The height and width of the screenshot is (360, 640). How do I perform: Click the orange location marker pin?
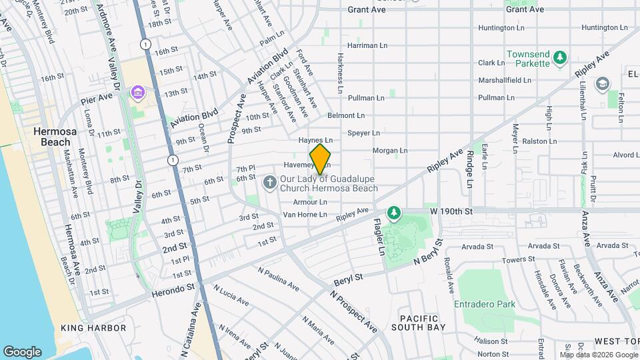(x=321, y=159)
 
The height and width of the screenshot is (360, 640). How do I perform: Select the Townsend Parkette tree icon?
(x=561, y=59)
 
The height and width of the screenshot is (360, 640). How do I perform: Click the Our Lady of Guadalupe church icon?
(x=269, y=181)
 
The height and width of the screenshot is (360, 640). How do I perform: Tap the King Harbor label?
(x=93, y=328)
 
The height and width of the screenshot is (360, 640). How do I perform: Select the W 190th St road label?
(x=451, y=211)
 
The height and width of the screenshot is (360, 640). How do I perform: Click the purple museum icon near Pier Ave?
(x=138, y=91)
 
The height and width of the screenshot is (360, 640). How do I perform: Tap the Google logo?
(x=22, y=351)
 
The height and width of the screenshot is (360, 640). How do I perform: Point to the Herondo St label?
(x=174, y=285)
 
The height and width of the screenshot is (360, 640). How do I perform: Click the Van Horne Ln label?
(x=305, y=215)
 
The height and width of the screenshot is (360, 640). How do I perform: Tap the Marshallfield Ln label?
(x=505, y=80)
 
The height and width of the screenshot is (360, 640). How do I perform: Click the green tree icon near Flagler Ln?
(x=395, y=213)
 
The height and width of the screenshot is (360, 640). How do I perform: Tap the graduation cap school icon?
(x=603, y=84)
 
